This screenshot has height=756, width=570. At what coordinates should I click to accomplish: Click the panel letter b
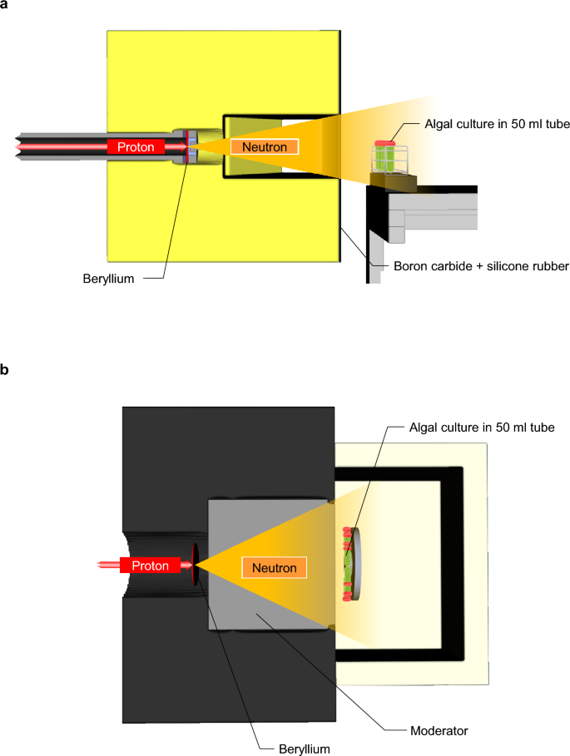pyautogui.click(x=6, y=369)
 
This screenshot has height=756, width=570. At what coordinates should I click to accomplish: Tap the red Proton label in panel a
pyautogui.click(x=136, y=147)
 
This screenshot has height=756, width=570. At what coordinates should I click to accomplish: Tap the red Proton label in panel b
pyautogui.click(x=150, y=566)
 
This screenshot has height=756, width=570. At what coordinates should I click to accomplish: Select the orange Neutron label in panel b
pyautogui.click(x=275, y=567)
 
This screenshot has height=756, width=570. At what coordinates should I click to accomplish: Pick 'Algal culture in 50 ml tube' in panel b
pyautogui.click(x=482, y=427)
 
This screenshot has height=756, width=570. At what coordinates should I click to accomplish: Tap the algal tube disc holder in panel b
pyautogui.click(x=353, y=566)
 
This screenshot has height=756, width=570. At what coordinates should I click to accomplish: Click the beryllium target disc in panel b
pyautogui.click(x=196, y=565)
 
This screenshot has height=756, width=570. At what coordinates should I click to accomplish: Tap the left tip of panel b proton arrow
pyautogui.click(x=98, y=566)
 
